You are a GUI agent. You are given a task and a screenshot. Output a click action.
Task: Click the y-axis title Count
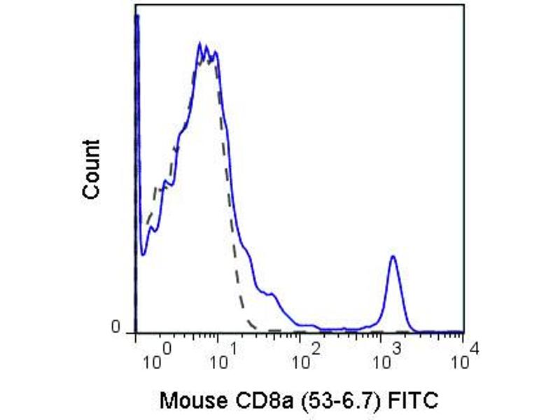[92, 169]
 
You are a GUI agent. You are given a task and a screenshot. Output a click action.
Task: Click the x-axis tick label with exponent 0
[155, 356]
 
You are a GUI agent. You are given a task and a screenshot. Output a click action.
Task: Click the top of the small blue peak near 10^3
[393, 256]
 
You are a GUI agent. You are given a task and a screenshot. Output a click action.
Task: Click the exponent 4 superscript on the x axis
[475, 347]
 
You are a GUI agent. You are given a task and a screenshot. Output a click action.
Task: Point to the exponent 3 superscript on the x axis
[395, 347]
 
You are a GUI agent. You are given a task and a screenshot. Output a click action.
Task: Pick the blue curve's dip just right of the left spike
[143, 254]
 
